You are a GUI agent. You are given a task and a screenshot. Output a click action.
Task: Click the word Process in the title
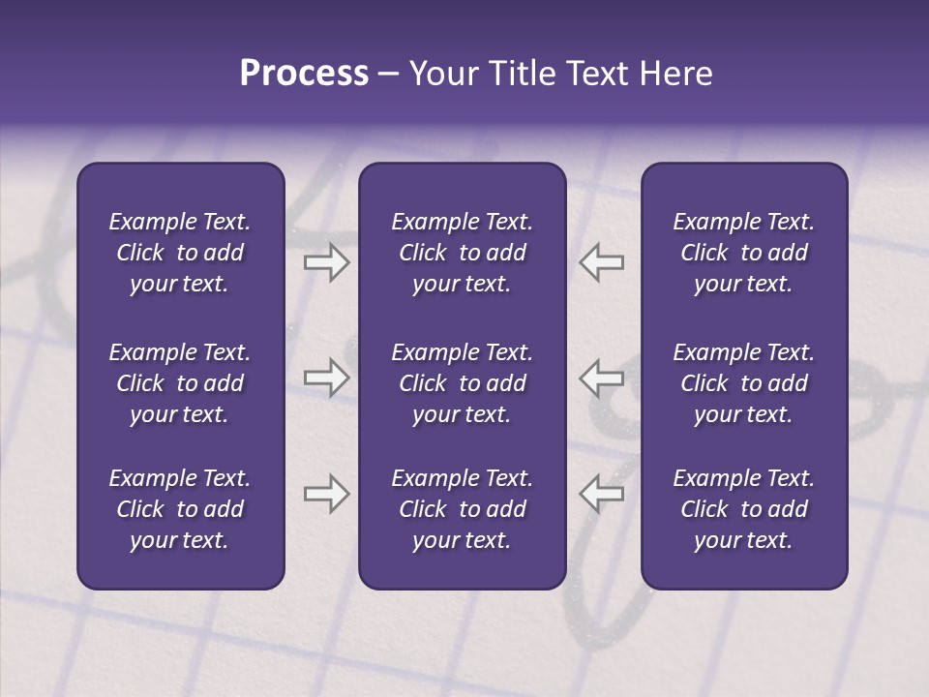tap(304, 74)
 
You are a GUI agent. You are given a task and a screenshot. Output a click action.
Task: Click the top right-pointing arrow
tap(327, 262)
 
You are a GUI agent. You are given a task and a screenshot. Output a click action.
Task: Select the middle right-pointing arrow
tap(327, 378)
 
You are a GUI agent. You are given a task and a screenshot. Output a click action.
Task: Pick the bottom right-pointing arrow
tap(327, 494)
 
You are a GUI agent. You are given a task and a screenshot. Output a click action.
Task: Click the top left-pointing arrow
tap(601, 262)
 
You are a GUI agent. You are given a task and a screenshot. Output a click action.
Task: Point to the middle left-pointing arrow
tap(601, 378)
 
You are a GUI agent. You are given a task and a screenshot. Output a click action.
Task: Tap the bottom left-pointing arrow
tap(601, 494)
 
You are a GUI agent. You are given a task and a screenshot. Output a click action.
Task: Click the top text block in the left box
tap(180, 253)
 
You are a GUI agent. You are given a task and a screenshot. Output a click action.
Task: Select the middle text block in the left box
tap(180, 383)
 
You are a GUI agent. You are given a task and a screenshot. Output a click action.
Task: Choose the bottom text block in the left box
tap(180, 509)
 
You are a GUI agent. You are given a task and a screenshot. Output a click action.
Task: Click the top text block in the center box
tap(462, 253)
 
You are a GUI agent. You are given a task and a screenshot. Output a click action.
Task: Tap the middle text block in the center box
tap(462, 383)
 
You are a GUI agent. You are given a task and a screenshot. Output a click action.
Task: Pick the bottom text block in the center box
tap(462, 509)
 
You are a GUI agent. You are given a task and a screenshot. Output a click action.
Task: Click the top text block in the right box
tap(743, 253)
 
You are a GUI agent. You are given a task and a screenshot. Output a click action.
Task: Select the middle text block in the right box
tap(743, 383)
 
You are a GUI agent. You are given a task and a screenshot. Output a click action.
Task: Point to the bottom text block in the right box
tap(743, 509)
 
